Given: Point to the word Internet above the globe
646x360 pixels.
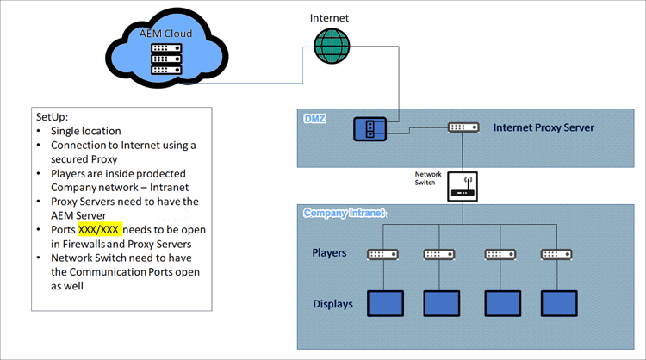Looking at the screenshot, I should (x=331, y=17).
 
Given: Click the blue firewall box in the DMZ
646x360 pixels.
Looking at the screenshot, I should (x=369, y=129).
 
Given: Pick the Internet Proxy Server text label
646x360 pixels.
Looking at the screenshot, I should (x=544, y=127).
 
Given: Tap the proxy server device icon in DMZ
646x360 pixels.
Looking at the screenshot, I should (x=463, y=127).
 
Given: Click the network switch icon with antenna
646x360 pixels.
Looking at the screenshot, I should (x=463, y=186).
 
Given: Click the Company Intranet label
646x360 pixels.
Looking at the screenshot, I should (x=343, y=212).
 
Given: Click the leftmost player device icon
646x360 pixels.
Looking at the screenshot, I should (x=382, y=254).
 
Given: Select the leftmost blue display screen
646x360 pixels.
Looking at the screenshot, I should (x=385, y=303).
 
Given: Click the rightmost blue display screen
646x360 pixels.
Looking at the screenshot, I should (x=558, y=303).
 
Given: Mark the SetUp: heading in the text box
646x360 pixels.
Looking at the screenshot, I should (x=53, y=116).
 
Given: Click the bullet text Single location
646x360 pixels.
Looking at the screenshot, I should (x=85, y=131).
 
